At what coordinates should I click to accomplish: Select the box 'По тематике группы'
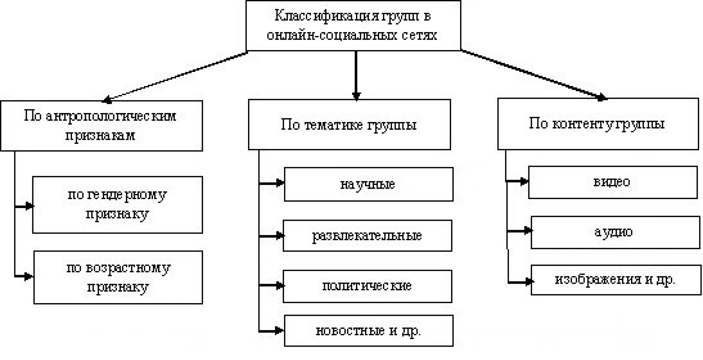pos(350,125)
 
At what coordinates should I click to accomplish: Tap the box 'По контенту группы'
pos(598,124)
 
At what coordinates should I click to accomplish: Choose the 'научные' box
pos(369,184)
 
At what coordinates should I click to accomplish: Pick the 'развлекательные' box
pos(368,236)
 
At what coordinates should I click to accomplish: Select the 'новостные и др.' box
pos(369,331)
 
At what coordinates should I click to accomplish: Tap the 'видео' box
pos(613,182)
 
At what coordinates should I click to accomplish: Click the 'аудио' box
pos(616,232)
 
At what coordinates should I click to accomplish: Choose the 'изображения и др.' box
pos(616,280)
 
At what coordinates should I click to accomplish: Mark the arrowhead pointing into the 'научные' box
pos(280,183)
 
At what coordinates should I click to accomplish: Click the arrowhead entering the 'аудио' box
pos(527,230)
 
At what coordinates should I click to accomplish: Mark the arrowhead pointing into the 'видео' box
pos(524,181)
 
